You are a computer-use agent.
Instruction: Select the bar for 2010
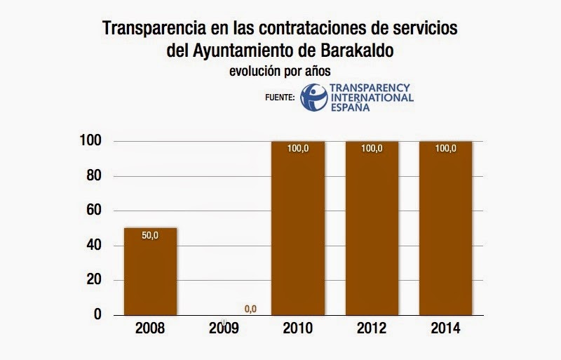click(298, 228)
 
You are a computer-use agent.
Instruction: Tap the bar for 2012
click(372, 228)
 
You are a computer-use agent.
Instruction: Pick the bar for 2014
click(445, 228)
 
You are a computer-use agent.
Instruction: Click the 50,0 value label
click(150, 236)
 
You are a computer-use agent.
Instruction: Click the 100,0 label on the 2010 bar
click(298, 149)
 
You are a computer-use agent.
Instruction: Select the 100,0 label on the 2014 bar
click(445, 149)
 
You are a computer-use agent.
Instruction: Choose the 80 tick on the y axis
click(95, 176)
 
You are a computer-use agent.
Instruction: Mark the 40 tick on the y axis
click(95, 246)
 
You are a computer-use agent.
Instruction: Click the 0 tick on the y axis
click(99, 315)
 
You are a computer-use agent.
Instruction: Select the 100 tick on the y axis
click(92, 141)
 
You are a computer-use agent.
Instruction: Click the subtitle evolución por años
click(280, 70)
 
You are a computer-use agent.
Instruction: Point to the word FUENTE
click(280, 98)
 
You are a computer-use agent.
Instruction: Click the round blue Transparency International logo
click(313, 96)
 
